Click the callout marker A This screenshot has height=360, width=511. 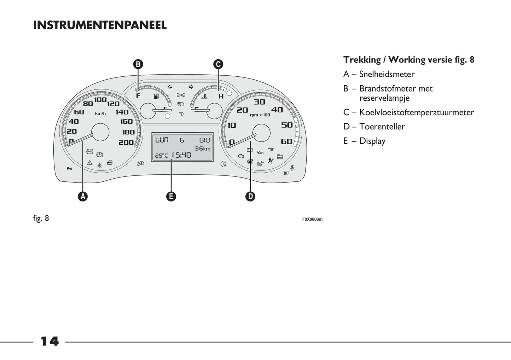[x=83, y=196]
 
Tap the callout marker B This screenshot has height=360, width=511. [x=138, y=64]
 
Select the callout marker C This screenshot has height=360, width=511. [x=218, y=64]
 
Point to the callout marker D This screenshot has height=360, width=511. [x=250, y=196]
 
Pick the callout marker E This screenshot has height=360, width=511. [x=171, y=196]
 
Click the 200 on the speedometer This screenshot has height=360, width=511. [x=126, y=143]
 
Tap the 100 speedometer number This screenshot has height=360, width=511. [x=100, y=100]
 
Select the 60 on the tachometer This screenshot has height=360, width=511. [x=286, y=141]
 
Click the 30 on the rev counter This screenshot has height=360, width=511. [x=259, y=102]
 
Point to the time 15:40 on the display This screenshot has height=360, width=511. [x=181, y=155]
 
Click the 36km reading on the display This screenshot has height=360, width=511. [x=203, y=149]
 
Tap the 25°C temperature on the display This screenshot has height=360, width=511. [x=161, y=156]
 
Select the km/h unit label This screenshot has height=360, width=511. [x=100, y=114]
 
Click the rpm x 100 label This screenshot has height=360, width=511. [x=260, y=115]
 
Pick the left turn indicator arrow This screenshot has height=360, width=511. [x=170, y=87]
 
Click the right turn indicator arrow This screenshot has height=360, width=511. [x=191, y=87]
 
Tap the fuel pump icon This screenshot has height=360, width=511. [x=156, y=96]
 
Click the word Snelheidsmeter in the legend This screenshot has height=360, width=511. [x=387, y=74]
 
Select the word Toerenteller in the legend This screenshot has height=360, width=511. [x=382, y=127]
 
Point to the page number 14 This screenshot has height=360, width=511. [x=50, y=341]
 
